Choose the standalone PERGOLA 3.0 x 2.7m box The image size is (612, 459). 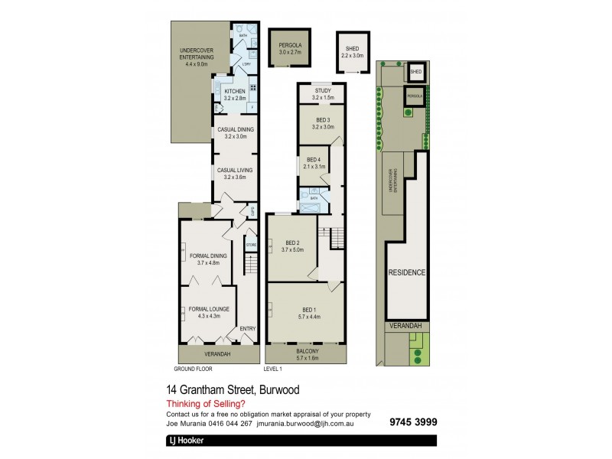pos(284,50)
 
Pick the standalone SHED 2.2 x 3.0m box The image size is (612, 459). pos(353,52)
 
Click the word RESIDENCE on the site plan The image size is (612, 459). pos(406,272)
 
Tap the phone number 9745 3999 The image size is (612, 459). pos(412,422)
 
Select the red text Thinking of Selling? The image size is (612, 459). pos(206,405)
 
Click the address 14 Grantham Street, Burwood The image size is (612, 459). pos(233,390)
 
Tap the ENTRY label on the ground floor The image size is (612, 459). pos(248,329)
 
